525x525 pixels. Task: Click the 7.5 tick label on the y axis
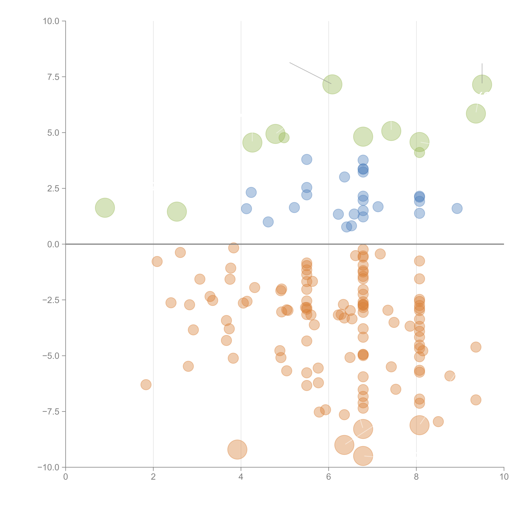pyautogui.click(x=53, y=77)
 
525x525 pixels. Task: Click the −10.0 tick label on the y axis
pyautogui.click(x=48, y=467)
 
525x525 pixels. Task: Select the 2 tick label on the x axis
pyautogui.click(x=153, y=477)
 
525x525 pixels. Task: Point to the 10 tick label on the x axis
pyautogui.click(x=504, y=477)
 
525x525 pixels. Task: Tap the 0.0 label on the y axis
pyautogui.click(x=53, y=244)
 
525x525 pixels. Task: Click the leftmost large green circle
pyautogui.click(x=105, y=208)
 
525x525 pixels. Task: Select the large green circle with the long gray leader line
pyautogui.click(x=332, y=84)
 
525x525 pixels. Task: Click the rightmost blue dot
pyautogui.click(x=457, y=208)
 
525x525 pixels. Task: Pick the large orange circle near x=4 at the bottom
pyautogui.click(x=237, y=450)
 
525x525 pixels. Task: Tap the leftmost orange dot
pyautogui.click(x=146, y=385)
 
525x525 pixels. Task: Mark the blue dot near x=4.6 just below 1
pyautogui.click(x=268, y=222)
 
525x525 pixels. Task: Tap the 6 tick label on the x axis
pyautogui.click(x=329, y=477)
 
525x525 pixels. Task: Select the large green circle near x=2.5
pyautogui.click(x=177, y=212)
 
